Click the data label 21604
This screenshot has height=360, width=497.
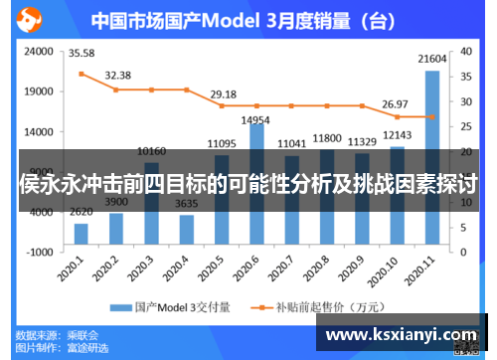(x=431, y=60)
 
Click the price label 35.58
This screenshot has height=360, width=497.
(x=82, y=53)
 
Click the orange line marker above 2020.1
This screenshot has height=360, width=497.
(x=82, y=73)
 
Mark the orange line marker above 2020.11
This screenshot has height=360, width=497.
(x=431, y=116)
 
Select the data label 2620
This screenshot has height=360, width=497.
(x=81, y=211)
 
